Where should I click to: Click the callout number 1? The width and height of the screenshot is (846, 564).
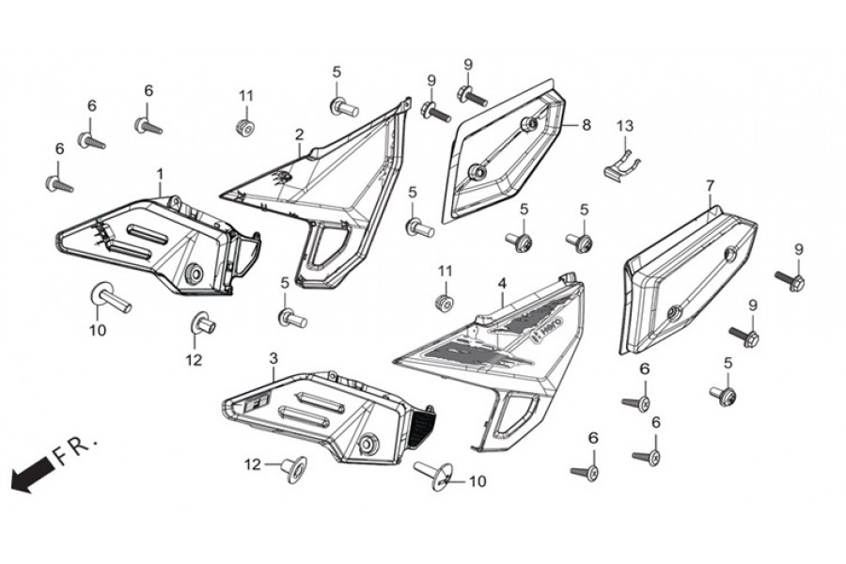point(160,174)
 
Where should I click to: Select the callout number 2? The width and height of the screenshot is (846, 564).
point(299,133)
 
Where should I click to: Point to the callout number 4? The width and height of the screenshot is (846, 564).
point(502,283)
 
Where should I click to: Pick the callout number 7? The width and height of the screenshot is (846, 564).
point(710,186)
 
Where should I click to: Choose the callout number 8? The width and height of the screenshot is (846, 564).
point(586,125)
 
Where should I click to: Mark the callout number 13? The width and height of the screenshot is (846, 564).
point(625,126)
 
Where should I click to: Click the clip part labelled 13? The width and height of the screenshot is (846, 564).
point(621,163)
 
